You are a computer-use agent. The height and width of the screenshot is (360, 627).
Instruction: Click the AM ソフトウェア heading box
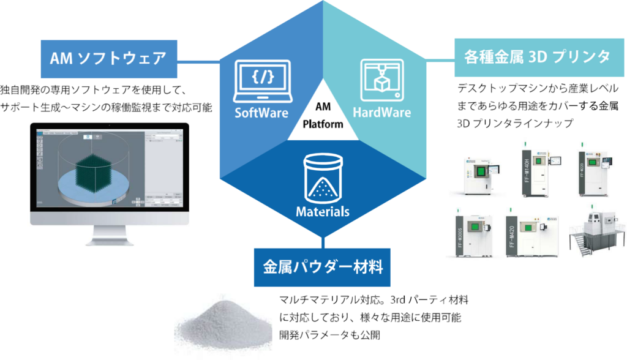coord(108,59)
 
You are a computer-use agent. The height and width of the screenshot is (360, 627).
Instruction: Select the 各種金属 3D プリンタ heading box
coord(533,58)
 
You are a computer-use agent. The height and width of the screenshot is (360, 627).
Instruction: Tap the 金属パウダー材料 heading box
coord(323,268)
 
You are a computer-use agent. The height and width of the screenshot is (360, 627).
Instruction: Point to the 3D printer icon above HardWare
coord(382,80)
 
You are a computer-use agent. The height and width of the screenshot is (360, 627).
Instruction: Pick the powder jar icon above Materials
coord(322,176)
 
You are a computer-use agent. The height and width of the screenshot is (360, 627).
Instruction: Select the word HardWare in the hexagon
coord(381,113)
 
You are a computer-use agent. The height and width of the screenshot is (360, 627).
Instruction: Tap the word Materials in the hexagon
coord(322,212)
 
